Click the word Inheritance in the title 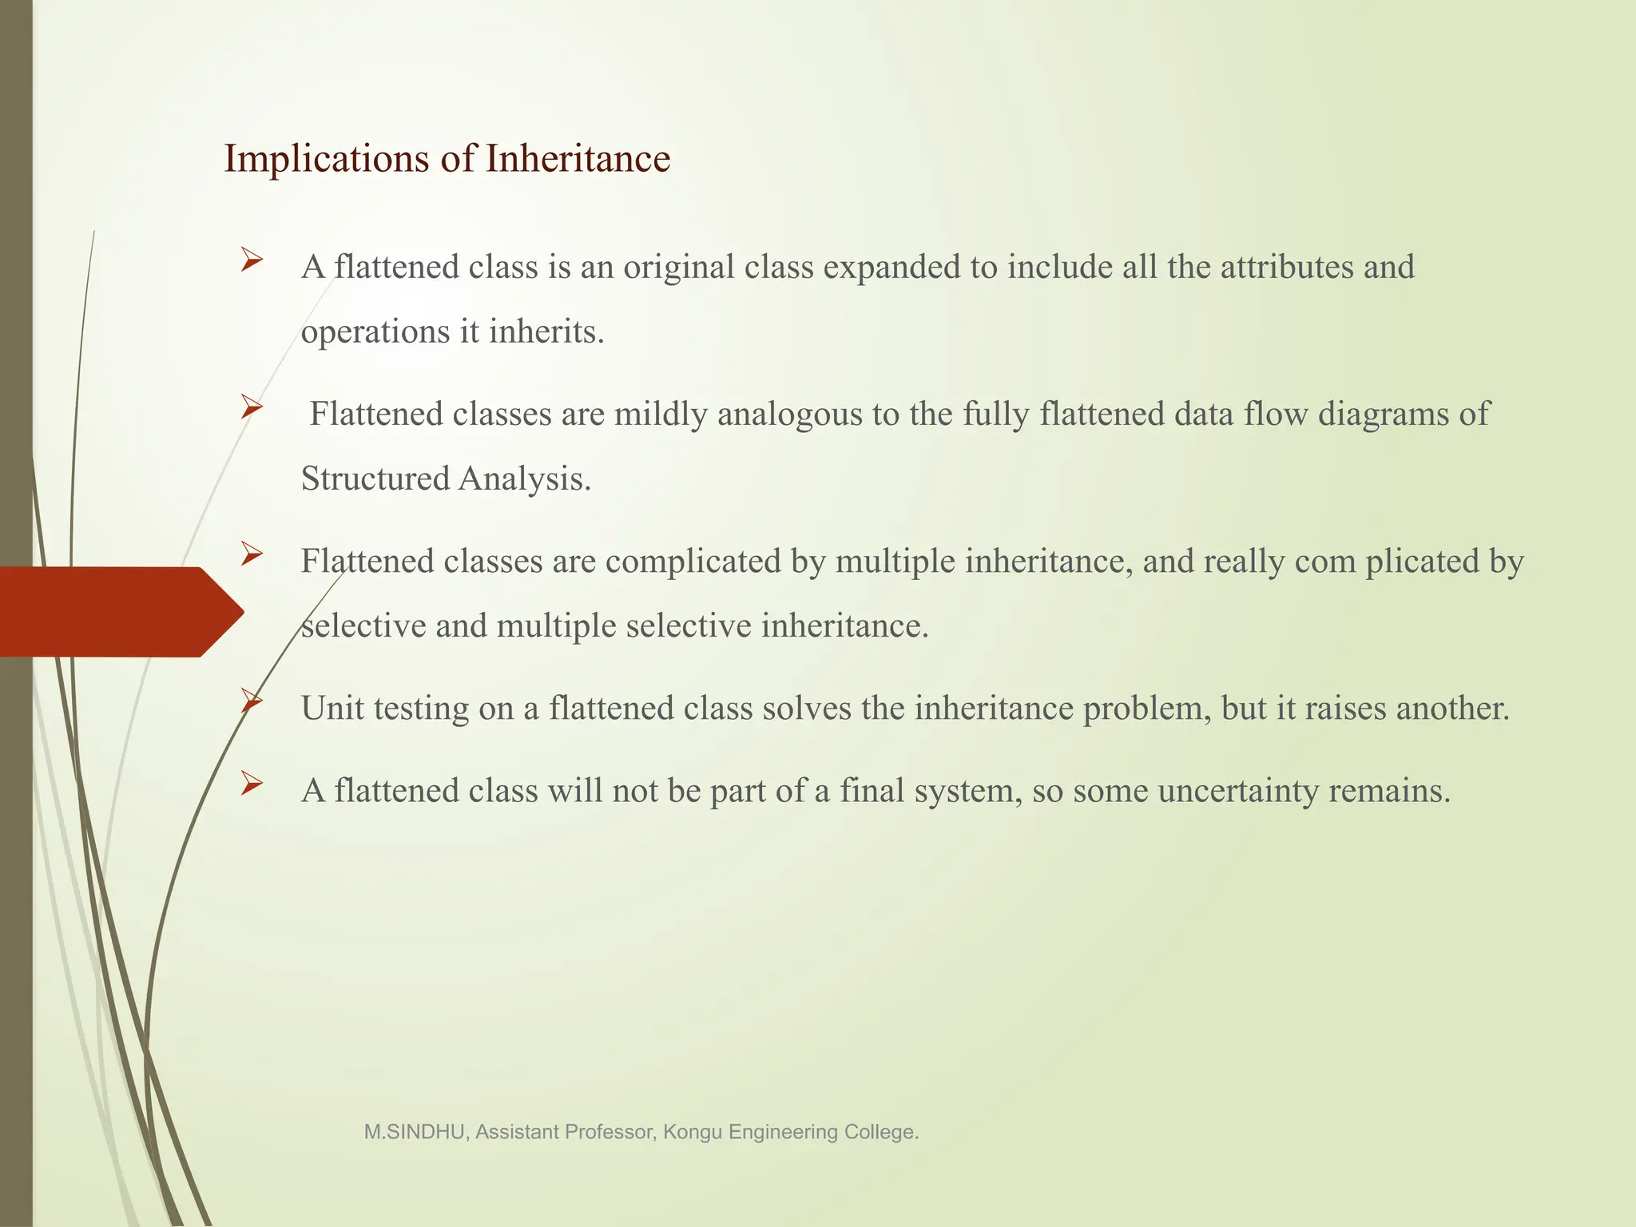(x=578, y=158)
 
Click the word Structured (x=375, y=479)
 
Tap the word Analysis (x=525, y=479)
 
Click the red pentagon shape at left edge (x=112, y=612)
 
